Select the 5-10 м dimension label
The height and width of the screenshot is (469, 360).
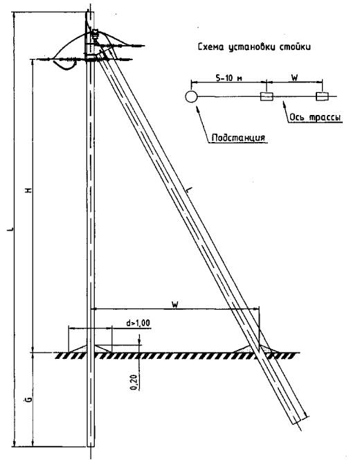[229, 78]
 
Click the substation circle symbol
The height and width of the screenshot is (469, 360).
[191, 96]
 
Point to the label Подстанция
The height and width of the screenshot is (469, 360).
[238, 138]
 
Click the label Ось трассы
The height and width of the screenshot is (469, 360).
[315, 117]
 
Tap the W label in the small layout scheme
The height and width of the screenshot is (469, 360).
[294, 78]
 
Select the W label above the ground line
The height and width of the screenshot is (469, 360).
[175, 305]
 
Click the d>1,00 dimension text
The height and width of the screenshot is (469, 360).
[138, 324]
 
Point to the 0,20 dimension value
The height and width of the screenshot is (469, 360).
[134, 382]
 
